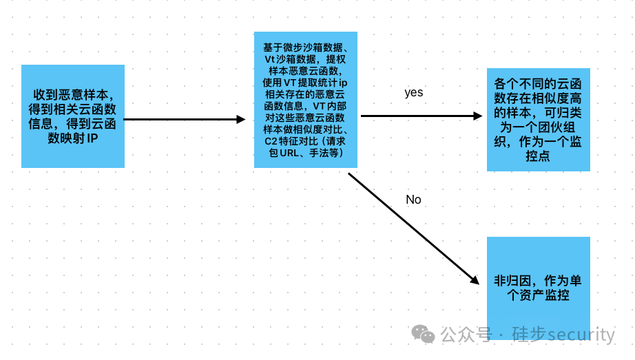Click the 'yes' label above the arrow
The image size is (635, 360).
(413, 92)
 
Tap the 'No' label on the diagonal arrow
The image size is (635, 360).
(413, 200)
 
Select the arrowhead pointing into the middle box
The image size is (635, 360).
(241, 119)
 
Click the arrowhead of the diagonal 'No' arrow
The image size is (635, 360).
(474, 279)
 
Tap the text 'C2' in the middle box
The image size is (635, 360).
(270, 141)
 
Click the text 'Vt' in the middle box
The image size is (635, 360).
(271, 59)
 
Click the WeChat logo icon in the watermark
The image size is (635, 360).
(423, 335)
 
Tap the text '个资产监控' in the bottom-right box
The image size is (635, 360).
(538, 295)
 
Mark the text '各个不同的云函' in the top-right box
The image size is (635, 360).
(538, 83)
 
